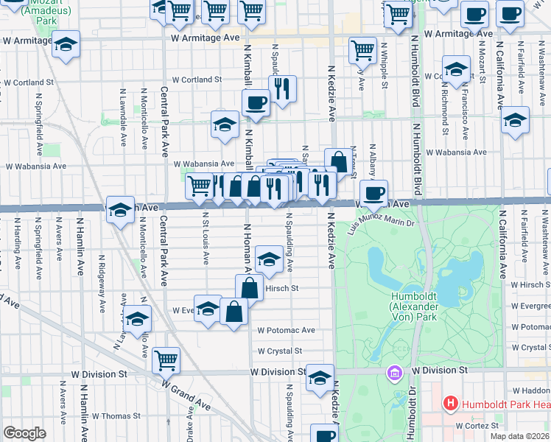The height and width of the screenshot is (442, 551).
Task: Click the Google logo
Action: pos(25,433)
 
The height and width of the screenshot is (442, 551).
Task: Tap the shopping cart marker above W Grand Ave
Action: pos(166,359)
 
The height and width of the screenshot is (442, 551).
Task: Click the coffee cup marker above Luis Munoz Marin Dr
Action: pos(373,192)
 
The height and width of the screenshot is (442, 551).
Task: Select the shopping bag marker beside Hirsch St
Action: pos(249,287)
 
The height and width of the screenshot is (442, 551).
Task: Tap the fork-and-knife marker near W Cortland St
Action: pos(282,88)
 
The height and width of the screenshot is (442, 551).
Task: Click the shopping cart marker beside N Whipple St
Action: pos(362,51)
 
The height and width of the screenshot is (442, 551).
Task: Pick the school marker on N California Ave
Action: pos(515,119)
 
